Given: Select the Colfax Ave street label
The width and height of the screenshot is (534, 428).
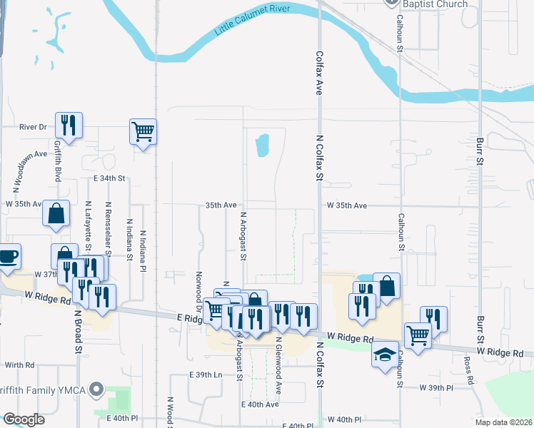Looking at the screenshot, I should [319, 71].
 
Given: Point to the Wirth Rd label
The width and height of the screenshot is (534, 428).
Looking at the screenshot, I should [19, 364].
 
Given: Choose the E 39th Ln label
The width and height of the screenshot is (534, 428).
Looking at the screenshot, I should [207, 374].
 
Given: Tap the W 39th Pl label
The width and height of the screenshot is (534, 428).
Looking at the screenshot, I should [436, 387].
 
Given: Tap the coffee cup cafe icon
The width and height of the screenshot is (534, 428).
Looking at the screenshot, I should [7, 256].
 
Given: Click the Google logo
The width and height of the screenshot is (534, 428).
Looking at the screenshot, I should [24, 419].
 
